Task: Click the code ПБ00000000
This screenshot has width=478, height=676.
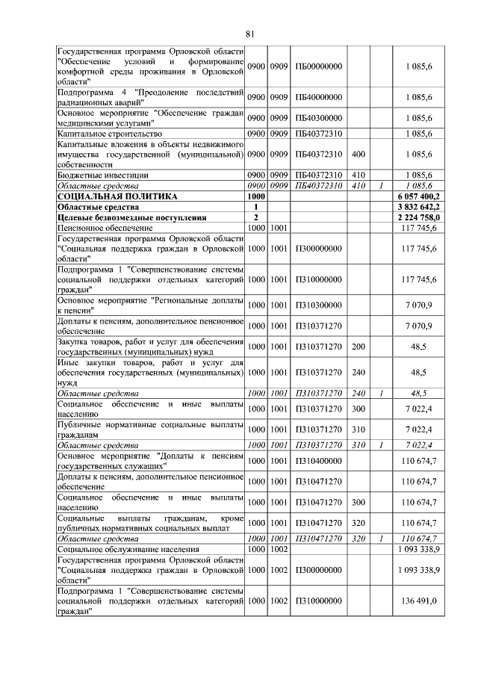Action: [319, 67]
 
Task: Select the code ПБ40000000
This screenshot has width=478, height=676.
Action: [319, 97]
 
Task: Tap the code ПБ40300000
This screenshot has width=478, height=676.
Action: [319, 118]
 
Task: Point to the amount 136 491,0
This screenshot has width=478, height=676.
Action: [423, 601]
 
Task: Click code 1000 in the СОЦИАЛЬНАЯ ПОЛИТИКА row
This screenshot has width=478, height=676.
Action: [257, 196]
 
